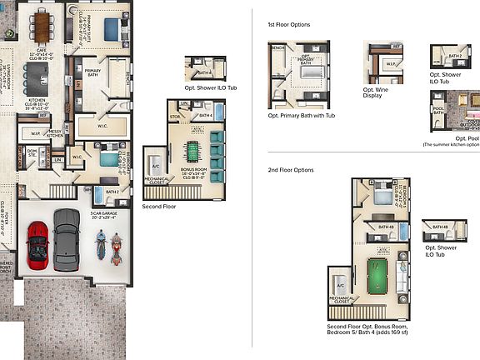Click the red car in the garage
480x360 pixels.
click(x=38, y=244)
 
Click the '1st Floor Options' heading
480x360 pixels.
click(x=288, y=25)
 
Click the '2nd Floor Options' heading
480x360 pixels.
click(x=290, y=169)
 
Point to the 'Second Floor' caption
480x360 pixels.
click(x=159, y=205)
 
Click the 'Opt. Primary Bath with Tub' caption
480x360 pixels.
click(x=302, y=116)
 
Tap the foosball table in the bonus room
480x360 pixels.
click(x=192, y=152)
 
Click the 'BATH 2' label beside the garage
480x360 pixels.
click(x=112, y=192)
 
